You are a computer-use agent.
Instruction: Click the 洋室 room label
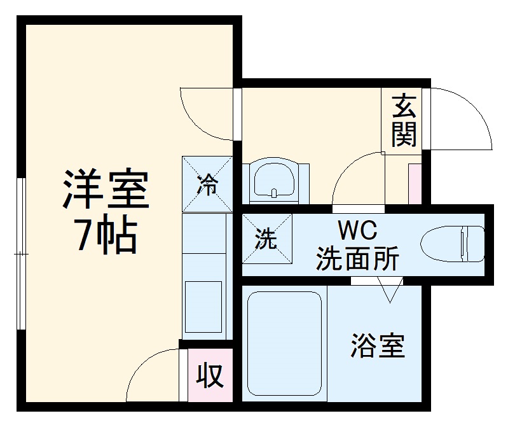coord(105,190)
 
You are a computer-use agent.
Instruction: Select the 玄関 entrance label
coord(404,120)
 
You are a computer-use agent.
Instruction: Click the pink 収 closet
coord(209,376)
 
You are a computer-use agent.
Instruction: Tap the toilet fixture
coord(453,244)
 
